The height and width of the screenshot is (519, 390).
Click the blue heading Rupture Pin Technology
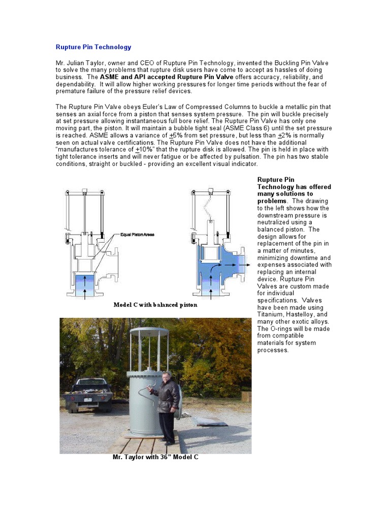point(93,47)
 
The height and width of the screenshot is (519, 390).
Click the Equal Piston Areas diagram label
point(137,235)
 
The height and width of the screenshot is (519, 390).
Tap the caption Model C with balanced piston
point(155,305)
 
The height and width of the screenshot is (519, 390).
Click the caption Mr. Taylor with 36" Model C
point(155,457)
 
